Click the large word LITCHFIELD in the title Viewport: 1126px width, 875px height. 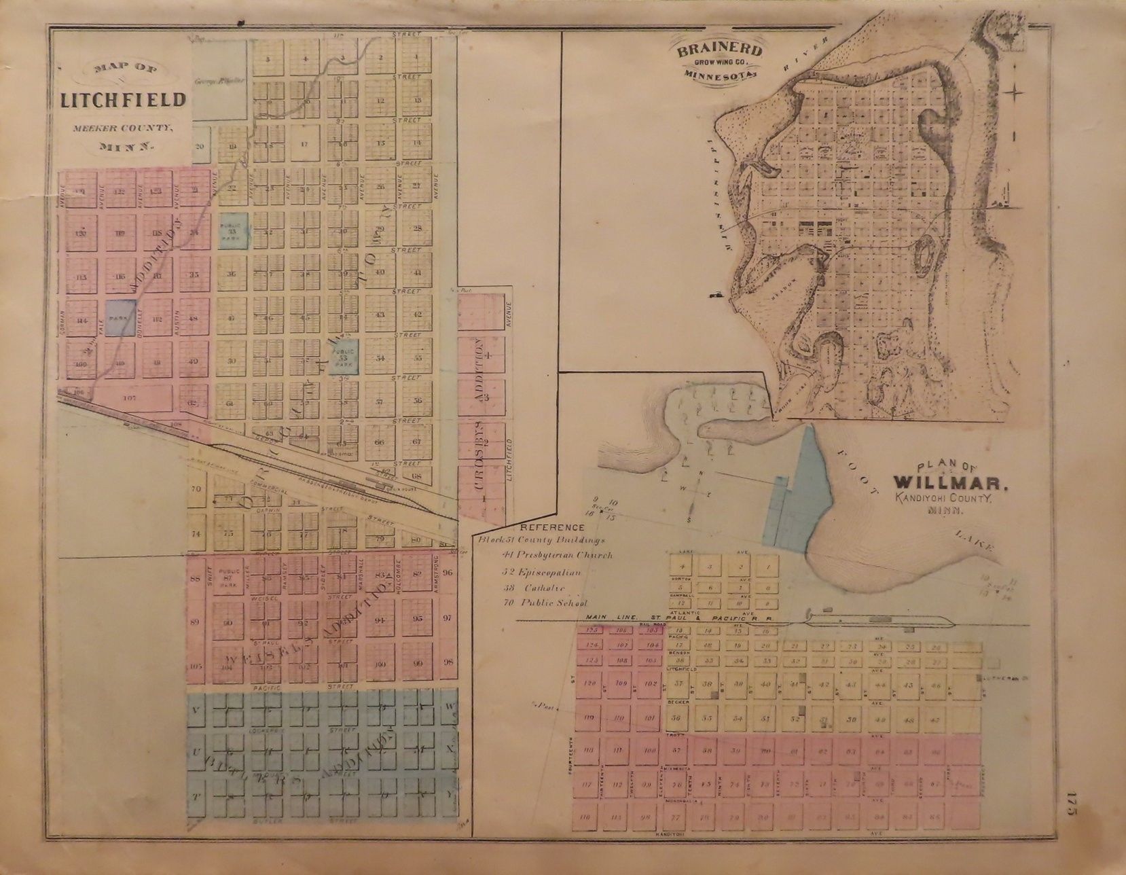[x=123, y=100]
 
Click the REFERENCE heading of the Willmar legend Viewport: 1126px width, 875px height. [x=532, y=527]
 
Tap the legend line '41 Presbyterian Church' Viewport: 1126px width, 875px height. [x=556, y=555]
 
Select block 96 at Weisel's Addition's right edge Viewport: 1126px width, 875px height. [x=448, y=572]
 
